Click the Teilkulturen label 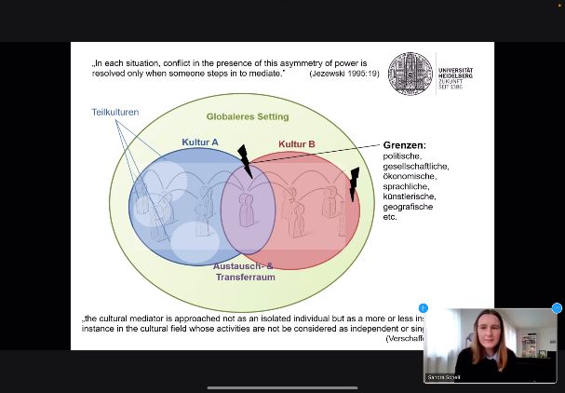click(115, 112)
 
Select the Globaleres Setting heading click(248, 116)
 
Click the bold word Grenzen click(404, 145)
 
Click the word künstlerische click(410, 196)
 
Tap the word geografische click(409, 207)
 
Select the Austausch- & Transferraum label click(245, 271)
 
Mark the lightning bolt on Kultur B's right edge click(354, 183)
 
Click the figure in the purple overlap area click(247, 210)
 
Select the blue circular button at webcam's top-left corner click(424, 307)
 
